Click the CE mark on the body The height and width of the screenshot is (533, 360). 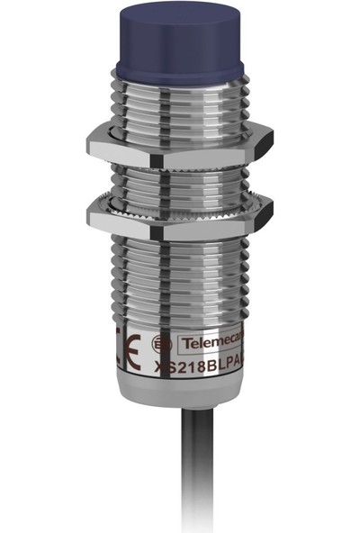(x=126, y=354)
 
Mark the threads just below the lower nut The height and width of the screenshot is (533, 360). (x=180, y=261)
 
